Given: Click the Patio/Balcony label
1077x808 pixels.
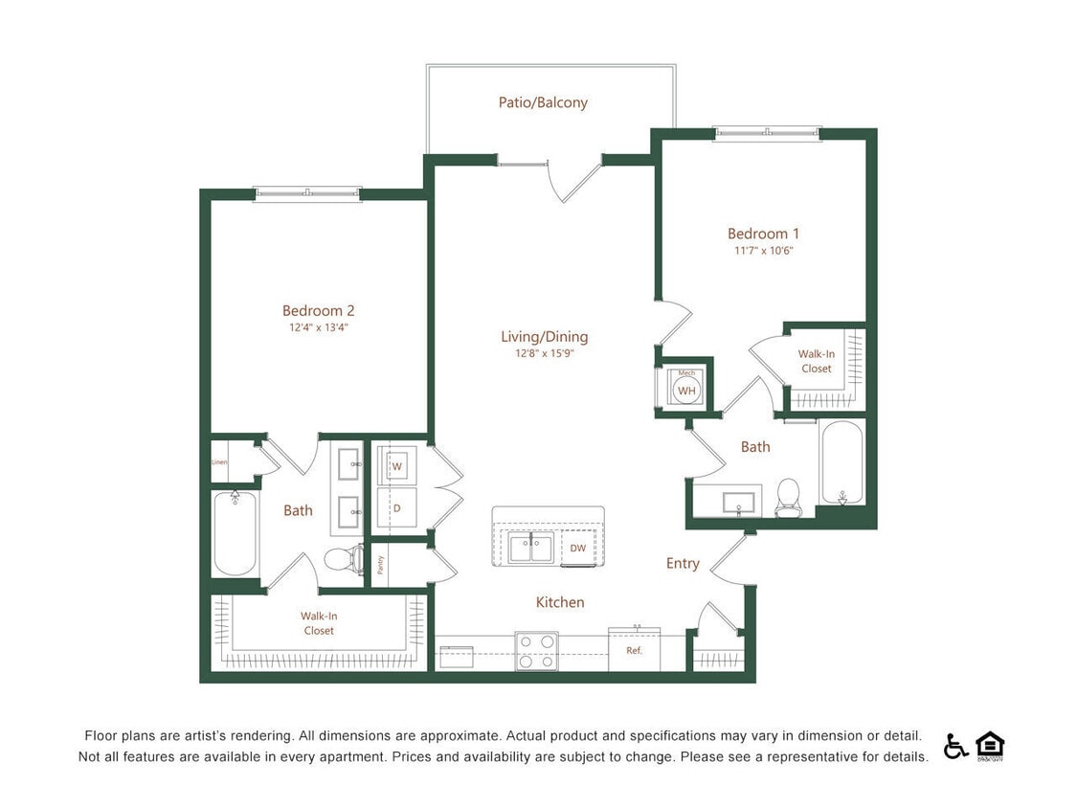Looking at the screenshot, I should pyautogui.click(x=543, y=102).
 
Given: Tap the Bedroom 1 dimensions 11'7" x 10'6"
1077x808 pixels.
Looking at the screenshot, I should pyautogui.click(x=763, y=251).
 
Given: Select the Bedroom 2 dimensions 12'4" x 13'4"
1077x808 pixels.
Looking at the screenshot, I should pyautogui.click(x=318, y=327).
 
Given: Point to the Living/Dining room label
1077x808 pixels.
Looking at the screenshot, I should pyautogui.click(x=544, y=337).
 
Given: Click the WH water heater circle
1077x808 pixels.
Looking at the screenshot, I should pyautogui.click(x=686, y=391).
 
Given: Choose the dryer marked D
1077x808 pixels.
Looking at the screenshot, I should pyautogui.click(x=396, y=507).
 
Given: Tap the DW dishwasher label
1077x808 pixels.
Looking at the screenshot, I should pyautogui.click(x=577, y=549).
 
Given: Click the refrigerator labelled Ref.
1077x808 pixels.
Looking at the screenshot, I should pyautogui.click(x=633, y=651).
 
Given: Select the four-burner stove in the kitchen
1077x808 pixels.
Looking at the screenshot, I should pyautogui.click(x=536, y=651).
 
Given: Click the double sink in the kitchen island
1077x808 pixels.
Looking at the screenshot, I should pyautogui.click(x=530, y=550).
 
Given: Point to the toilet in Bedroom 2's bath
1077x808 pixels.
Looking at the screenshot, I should pyautogui.click(x=342, y=558).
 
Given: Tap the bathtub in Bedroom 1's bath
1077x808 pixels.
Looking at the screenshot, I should pyautogui.click(x=841, y=462).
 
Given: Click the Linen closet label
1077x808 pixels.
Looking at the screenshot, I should pyautogui.click(x=220, y=462).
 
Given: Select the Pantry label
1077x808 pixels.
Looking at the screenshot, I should pyautogui.click(x=380, y=565).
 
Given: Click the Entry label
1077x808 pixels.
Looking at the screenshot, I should pyautogui.click(x=683, y=564).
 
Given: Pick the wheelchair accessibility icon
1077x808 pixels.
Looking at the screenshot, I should pyautogui.click(x=955, y=746).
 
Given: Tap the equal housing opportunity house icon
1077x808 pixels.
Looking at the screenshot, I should pyautogui.click(x=989, y=745).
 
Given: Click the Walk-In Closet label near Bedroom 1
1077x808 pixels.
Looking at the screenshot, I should pyautogui.click(x=816, y=361).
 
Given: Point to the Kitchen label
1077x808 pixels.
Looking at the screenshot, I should pyautogui.click(x=559, y=602).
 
